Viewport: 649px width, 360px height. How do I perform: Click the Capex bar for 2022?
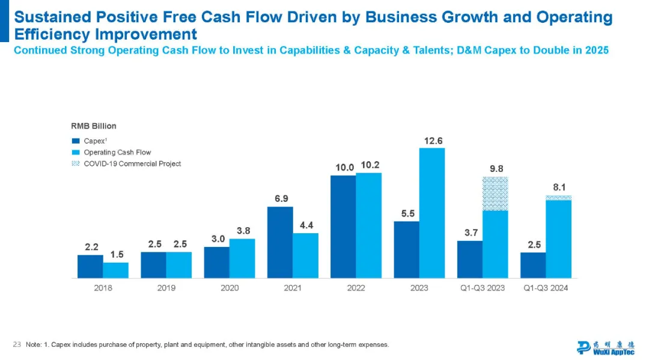(343, 227)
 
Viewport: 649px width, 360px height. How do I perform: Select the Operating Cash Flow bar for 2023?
(432, 213)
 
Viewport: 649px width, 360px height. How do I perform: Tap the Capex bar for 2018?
(90, 266)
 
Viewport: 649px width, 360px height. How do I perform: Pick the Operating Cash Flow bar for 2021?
(306, 255)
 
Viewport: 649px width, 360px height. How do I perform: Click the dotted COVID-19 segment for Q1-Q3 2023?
(495, 194)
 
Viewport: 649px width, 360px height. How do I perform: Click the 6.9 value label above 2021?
(280, 198)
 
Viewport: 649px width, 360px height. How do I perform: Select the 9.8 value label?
(496, 169)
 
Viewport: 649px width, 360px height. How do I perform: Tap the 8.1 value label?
(559, 187)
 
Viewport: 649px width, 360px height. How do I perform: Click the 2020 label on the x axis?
(230, 288)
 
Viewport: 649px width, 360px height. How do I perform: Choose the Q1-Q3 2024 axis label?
(546, 288)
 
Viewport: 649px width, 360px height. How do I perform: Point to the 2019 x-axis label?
(166, 288)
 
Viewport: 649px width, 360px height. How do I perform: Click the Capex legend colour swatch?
(76, 141)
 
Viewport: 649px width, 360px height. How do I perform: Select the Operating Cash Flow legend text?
(117, 153)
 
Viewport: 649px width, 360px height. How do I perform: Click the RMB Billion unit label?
(94, 126)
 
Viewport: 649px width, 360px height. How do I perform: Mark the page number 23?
(17, 344)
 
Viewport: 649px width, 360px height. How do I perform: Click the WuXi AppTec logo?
(605, 347)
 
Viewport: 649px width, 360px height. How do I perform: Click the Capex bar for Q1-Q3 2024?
(533, 265)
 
